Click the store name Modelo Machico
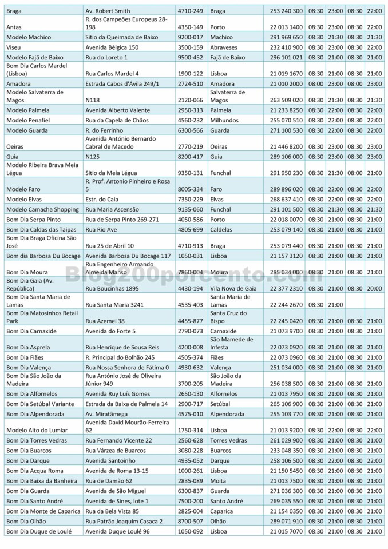coord(28,37)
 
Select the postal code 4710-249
coord(190,11)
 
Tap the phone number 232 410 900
coord(286,47)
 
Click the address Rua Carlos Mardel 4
coord(112,74)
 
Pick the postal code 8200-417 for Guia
coord(190,157)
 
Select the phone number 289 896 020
coord(286,189)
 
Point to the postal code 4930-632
coord(190,368)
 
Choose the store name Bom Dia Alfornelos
coord(32,394)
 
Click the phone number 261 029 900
coord(286,441)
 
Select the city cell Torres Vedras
coord(228,441)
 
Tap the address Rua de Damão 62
coord(109,481)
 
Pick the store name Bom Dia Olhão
coord(25,522)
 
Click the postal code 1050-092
coord(190,532)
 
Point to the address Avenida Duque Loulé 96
coord(117,532)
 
